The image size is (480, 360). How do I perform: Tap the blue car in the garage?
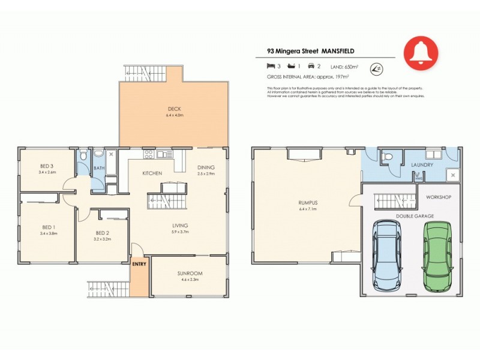tap(387, 255)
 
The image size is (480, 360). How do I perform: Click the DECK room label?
tap(174, 109)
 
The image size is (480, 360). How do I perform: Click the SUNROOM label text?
tap(190, 274)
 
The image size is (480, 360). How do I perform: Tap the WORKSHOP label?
tap(438, 197)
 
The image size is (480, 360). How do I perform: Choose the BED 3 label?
tap(47, 166)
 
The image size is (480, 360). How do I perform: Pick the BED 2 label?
tap(101, 233)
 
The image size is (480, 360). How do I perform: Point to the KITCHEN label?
tap(152, 173)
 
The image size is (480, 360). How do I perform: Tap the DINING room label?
tap(206, 167)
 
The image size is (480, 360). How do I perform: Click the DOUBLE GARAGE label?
tap(414, 215)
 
